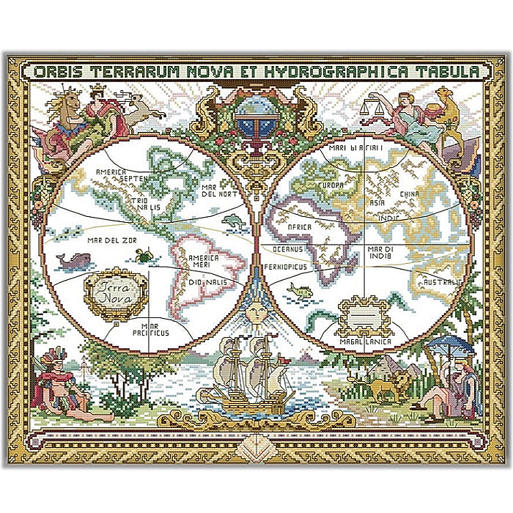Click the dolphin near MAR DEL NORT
tap(232, 219)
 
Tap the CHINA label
tap(410, 194)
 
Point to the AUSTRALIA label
tap(443, 281)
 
